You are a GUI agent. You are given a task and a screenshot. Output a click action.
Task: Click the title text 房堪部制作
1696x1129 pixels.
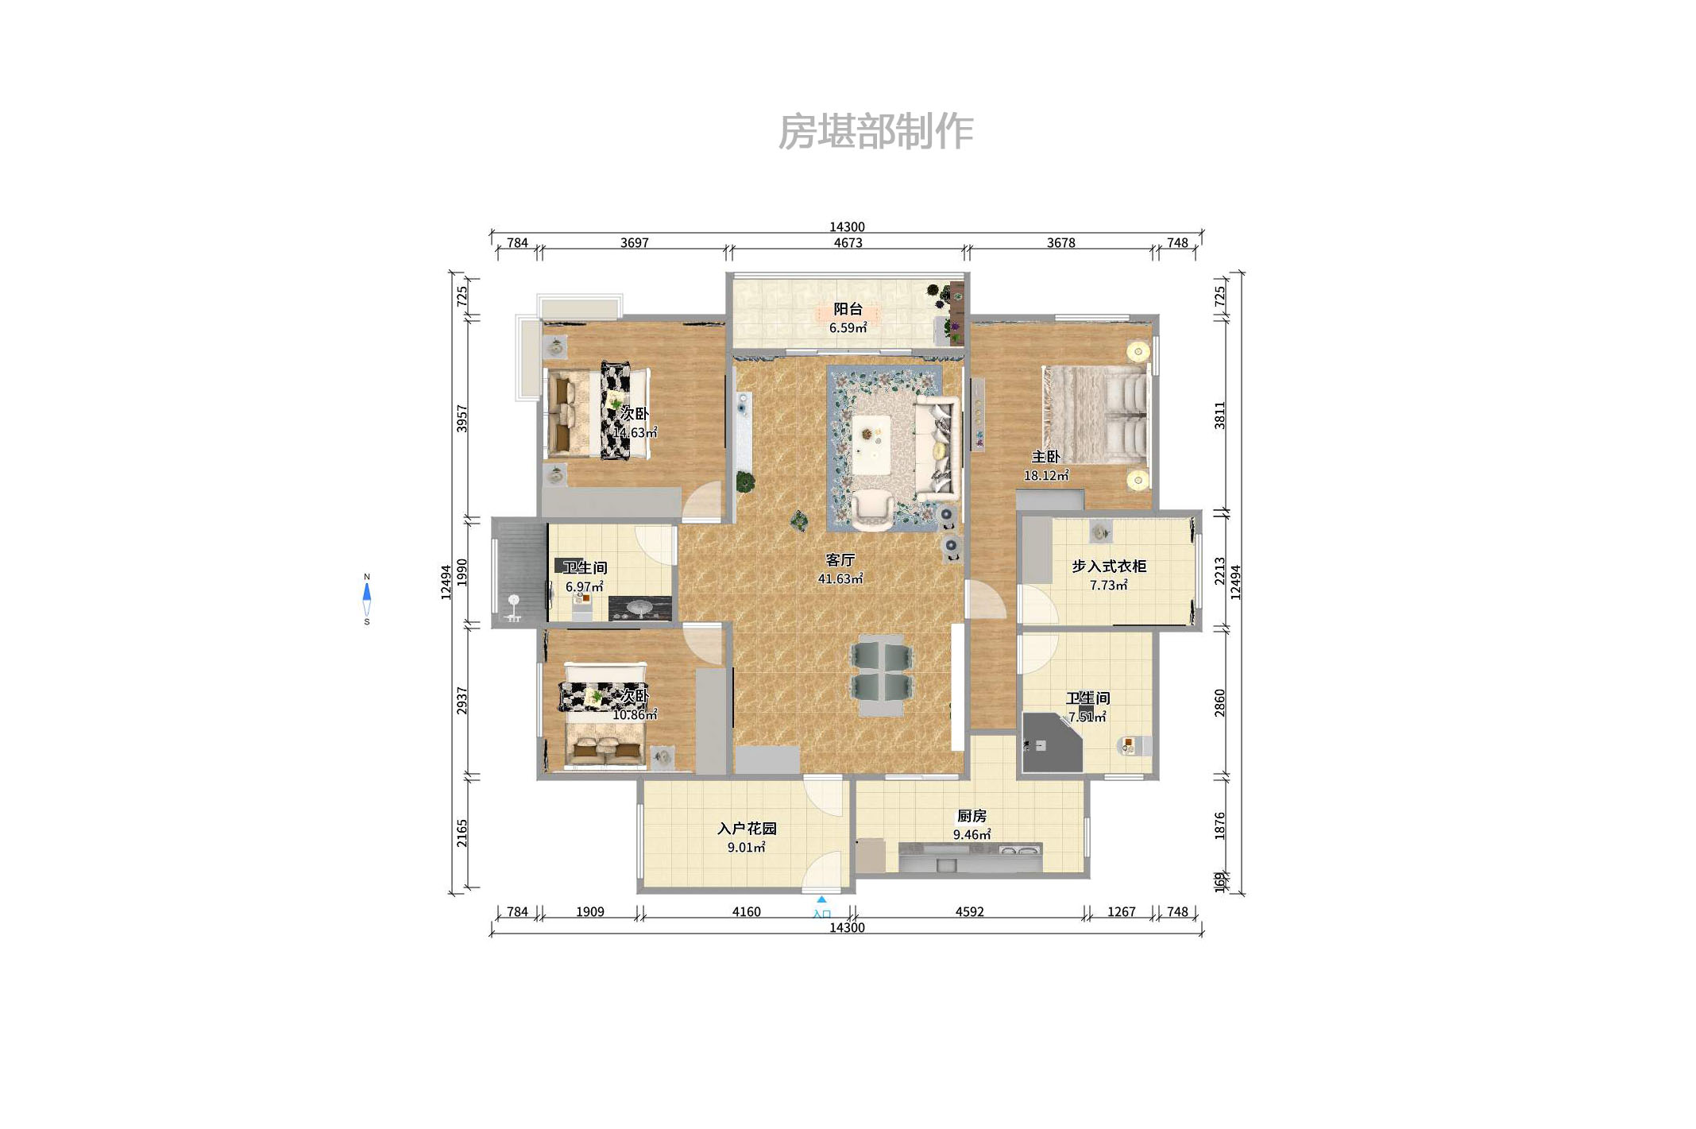[875, 132]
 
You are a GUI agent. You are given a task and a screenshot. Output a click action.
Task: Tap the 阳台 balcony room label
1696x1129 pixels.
[848, 309]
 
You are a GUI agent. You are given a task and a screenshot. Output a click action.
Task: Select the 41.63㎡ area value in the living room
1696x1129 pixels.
[840, 579]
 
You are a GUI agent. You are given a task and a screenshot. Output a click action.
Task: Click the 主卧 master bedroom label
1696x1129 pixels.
[1045, 457]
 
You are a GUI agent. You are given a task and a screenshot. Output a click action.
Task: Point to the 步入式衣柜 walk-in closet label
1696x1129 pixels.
[1109, 566]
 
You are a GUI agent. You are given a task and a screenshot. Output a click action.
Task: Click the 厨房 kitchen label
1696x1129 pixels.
[972, 816]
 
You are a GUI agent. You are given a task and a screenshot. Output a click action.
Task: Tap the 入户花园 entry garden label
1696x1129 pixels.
[747, 829]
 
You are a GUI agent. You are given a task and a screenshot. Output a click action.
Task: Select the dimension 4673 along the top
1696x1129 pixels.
[848, 243]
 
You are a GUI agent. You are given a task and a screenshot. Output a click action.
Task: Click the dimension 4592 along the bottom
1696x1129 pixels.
[969, 912]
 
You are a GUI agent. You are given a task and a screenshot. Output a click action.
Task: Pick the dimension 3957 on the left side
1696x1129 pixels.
[462, 419]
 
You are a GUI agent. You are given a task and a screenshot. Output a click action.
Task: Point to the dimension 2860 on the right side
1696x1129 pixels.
[1220, 703]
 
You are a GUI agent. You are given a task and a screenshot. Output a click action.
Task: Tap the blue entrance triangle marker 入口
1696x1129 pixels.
[821, 900]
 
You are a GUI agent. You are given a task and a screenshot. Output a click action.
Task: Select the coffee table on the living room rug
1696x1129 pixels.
[871, 444]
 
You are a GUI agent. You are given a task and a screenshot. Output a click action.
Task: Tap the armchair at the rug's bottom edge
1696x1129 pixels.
[871, 508]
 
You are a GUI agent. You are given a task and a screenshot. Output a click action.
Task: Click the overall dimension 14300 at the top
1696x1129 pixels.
[847, 227]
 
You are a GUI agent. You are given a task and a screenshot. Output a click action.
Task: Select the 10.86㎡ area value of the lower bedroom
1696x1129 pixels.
[634, 715]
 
